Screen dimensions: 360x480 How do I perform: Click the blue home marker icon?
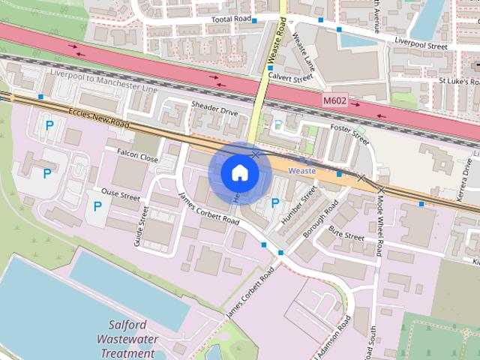239,173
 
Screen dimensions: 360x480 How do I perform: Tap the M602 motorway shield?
336,100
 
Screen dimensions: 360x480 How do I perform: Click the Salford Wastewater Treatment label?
132,340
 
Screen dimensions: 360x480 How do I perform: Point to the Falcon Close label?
137,155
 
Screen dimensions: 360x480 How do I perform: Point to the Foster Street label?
350,134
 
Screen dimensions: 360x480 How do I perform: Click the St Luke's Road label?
459,81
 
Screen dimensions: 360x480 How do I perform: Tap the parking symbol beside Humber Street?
274,202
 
